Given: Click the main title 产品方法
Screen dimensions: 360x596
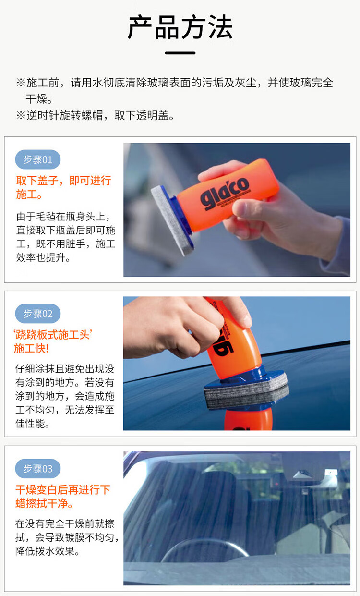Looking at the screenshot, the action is click(x=180, y=27).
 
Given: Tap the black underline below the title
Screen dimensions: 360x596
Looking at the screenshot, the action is click(x=180, y=53).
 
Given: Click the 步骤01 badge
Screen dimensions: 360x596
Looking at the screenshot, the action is click(x=38, y=159).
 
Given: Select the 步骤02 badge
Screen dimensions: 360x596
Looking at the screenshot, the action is click(x=38, y=314).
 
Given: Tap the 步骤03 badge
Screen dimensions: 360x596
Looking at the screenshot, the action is click(x=38, y=469).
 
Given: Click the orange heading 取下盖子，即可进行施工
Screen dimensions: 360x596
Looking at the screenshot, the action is click(x=63, y=187).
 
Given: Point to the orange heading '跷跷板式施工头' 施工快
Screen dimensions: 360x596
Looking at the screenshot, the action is click(x=53, y=341).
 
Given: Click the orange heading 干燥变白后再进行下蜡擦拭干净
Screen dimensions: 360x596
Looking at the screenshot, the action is click(x=63, y=497).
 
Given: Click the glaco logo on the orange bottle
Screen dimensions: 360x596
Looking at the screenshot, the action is click(x=225, y=192).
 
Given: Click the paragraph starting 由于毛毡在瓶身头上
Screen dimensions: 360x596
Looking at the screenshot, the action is click(x=66, y=237).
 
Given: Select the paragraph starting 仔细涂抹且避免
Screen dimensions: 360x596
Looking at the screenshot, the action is click(x=65, y=396).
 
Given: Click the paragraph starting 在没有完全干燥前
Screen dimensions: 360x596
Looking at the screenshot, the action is click(x=67, y=537).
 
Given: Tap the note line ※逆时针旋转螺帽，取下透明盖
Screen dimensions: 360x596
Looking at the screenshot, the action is click(x=95, y=115).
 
